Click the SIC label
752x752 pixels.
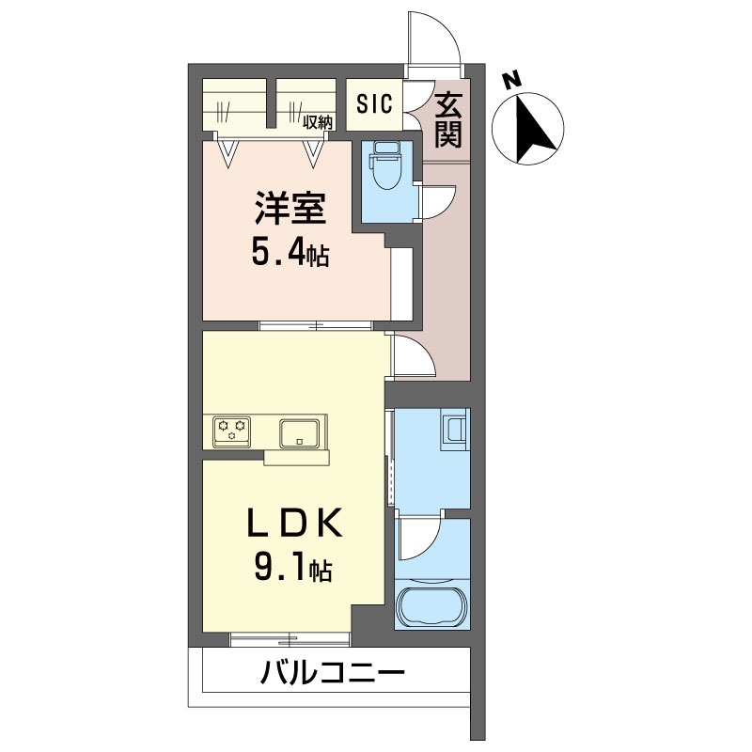(x=374, y=103)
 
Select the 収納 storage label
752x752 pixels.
(x=317, y=123)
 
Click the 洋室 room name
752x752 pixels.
(x=290, y=208)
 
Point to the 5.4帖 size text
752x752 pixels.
(x=290, y=254)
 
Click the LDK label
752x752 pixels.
(x=294, y=524)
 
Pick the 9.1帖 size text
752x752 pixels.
(x=293, y=569)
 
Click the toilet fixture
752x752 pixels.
(x=385, y=166)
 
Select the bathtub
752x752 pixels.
(x=432, y=604)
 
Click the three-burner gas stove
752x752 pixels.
(x=232, y=431)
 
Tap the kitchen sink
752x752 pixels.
(x=300, y=433)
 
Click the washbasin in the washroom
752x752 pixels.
(x=453, y=429)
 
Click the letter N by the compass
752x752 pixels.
(x=512, y=80)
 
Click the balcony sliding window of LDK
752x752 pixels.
(x=290, y=639)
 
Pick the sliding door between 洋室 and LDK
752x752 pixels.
(x=316, y=325)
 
